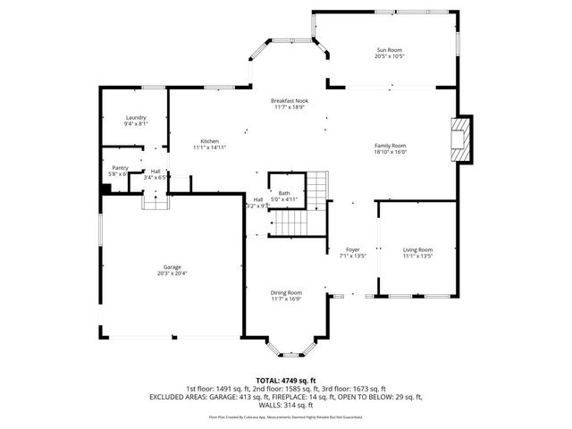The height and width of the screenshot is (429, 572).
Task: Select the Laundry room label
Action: (136, 118)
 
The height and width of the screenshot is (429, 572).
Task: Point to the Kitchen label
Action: (210, 141)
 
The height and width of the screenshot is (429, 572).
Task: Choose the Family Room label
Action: (391, 146)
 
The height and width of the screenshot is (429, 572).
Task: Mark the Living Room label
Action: (417, 249)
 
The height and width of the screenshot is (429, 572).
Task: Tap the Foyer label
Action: (352, 249)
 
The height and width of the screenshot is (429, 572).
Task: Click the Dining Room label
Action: (287, 292)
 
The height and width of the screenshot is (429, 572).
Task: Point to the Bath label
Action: (283, 193)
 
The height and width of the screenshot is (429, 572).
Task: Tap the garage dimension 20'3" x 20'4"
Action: (172, 273)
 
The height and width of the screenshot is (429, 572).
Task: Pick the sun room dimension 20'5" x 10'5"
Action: (391, 55)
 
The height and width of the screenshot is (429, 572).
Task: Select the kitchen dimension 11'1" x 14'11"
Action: (210, 148)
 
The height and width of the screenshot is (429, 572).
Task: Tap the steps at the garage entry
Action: (156, 202)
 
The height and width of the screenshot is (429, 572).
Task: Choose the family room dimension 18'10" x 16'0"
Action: (391, 153)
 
